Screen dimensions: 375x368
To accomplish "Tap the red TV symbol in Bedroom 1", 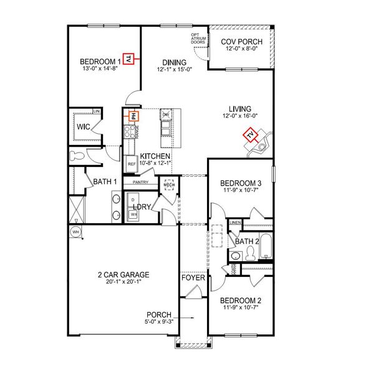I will pos(129,59).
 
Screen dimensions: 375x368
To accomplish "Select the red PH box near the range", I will pos(133,115).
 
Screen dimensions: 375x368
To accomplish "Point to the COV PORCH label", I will pos(242,42).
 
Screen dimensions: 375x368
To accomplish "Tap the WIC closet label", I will pos(84,127).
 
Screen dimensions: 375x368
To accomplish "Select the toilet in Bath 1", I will pos(78,156).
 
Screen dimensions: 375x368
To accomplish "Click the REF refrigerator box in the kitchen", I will pos(132,164).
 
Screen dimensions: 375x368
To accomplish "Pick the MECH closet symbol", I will pos(168,186).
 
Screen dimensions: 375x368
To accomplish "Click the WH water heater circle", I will pos(75,232).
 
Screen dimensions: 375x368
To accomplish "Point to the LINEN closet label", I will pos(235,222).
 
